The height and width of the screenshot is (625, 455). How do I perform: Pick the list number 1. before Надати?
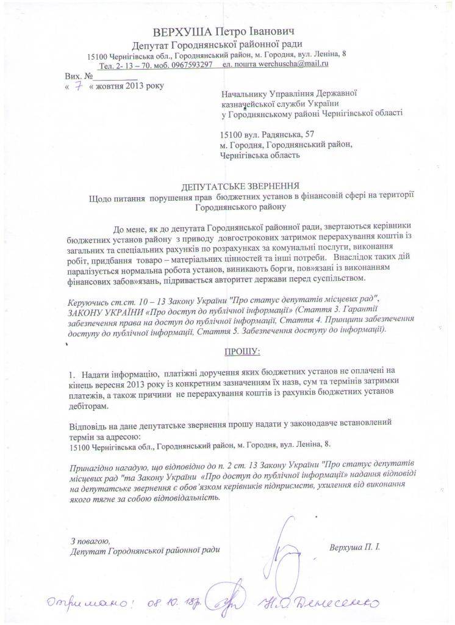pyautogui.click(x=71, y=372)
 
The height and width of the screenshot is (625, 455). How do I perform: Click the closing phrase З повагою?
pyautogui.click(x=90, y=540)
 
